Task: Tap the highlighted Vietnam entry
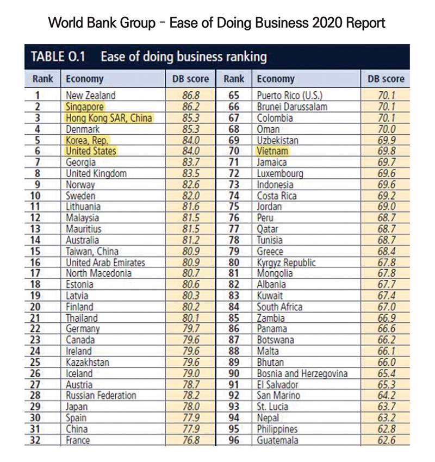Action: pos(274,151)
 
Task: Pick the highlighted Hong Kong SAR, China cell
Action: pos(108,118)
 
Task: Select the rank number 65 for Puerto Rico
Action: pos(234,96)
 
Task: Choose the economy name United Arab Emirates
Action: pos(106,263)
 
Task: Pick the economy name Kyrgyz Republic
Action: pos(286,263)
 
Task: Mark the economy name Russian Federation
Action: pos(101,396)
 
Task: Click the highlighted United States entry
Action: pos(91,151)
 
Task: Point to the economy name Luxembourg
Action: pos(280,173)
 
